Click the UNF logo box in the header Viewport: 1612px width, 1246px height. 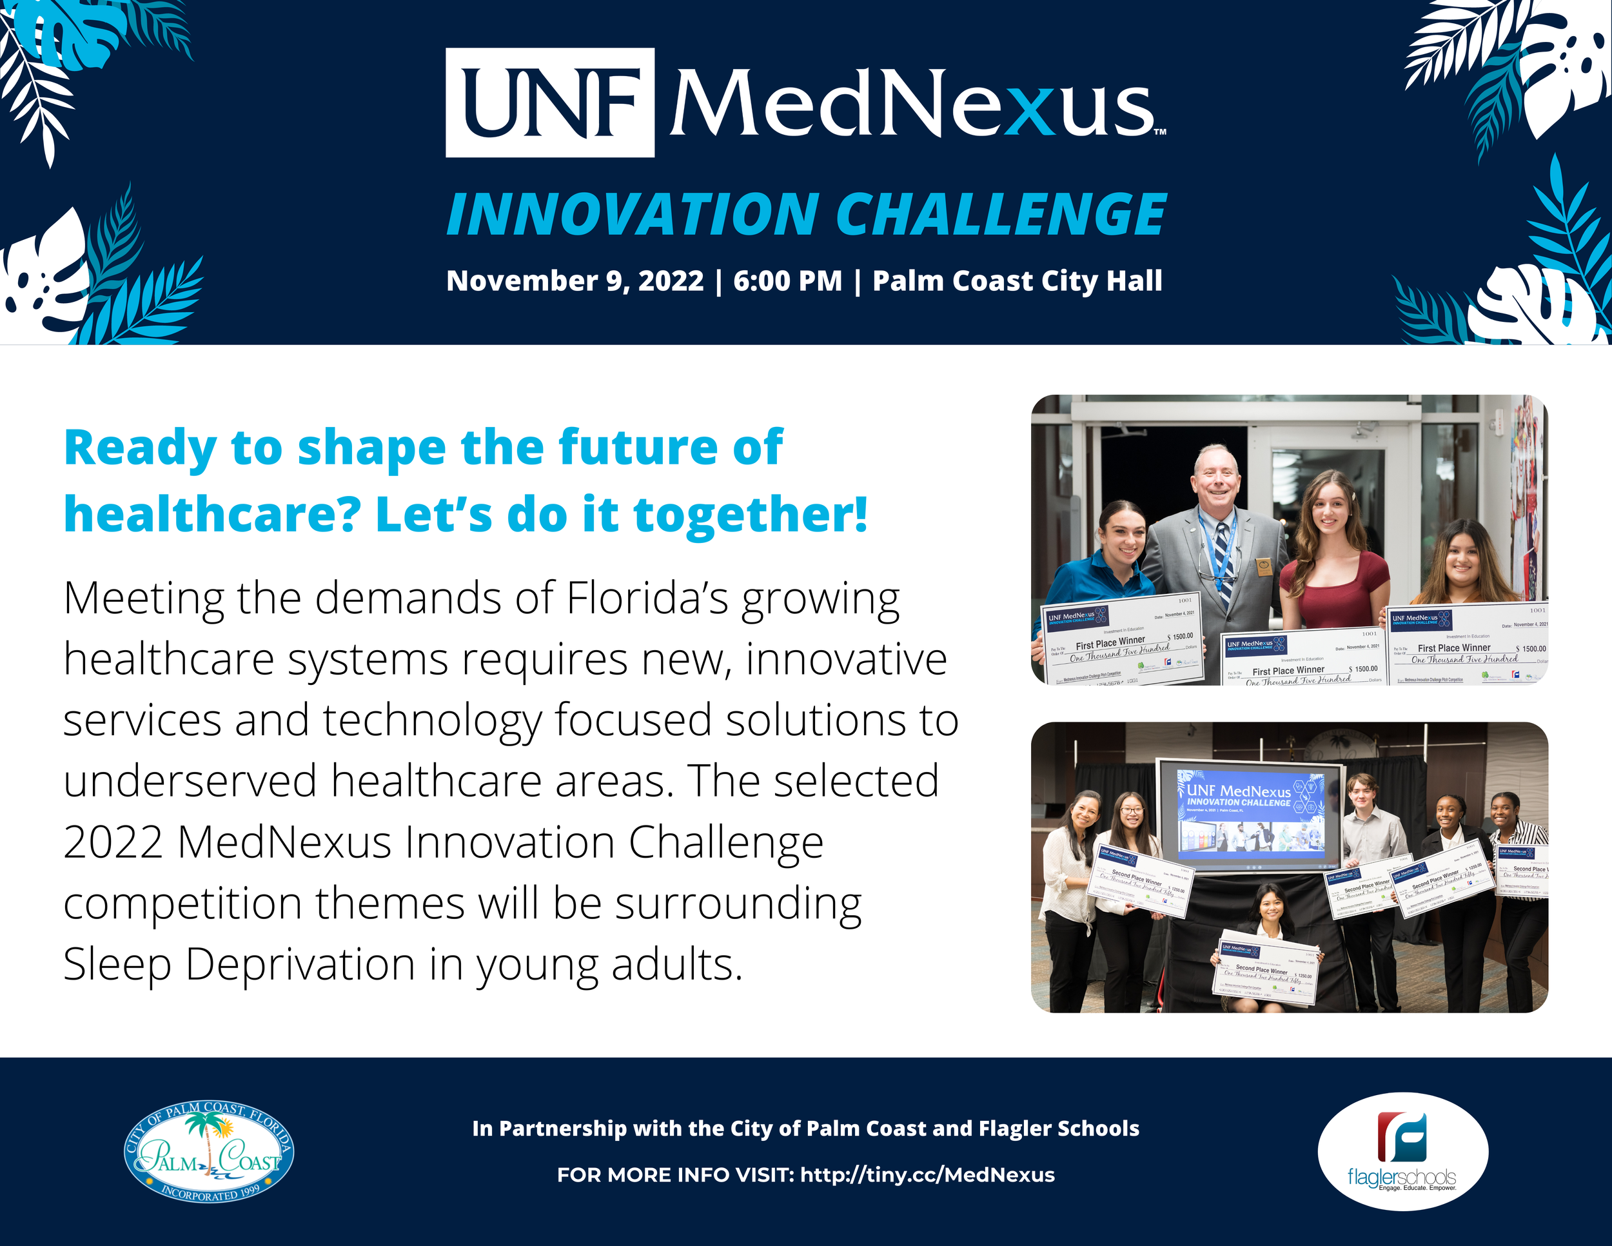tap(549, 103)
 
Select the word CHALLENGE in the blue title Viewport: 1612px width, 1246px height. tap(1001, 215)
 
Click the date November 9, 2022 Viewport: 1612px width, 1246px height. tap(575, 281)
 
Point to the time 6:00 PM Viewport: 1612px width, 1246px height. tap(787, 281)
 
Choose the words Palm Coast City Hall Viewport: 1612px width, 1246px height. tap(1017, 281)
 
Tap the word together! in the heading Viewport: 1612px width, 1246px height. tap(751, 515)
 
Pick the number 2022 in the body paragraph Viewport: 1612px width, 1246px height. tap(113, 842)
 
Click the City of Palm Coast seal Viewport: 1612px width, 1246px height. tap(208, 1152)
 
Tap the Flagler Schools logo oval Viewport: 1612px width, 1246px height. tap(1402, 1151)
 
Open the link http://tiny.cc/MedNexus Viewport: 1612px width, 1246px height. tap(927, 1175)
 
